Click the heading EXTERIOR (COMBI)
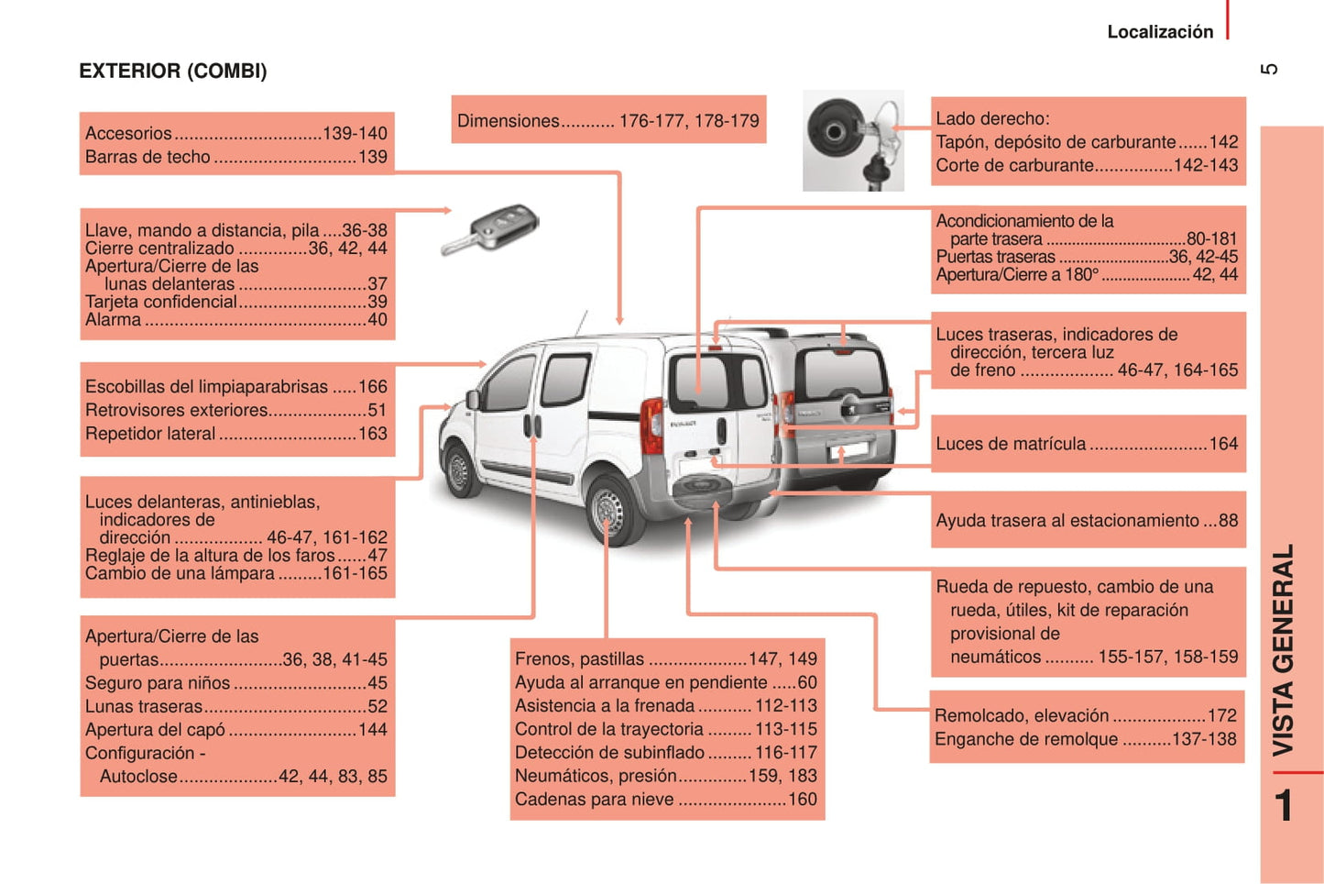pos(173,72)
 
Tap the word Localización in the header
pos(1160,32)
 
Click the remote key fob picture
pos(491,229)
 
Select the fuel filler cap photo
pos(853,140)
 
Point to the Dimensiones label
pos(509,121)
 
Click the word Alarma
pos(114,320)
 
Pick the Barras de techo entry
pos(148,157)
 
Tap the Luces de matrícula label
pos(1011,444)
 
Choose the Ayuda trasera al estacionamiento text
pos(1067,521)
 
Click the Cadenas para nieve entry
pos(594,800)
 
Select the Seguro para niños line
pos(158,683)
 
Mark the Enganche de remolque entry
pos(1026,739)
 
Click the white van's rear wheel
pos(607,511)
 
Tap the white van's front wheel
pos(458,470)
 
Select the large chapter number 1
pos(1285,805)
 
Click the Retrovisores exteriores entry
pos(177,411)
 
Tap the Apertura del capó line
pos(155,730)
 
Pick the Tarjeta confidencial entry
pos(161,302)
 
